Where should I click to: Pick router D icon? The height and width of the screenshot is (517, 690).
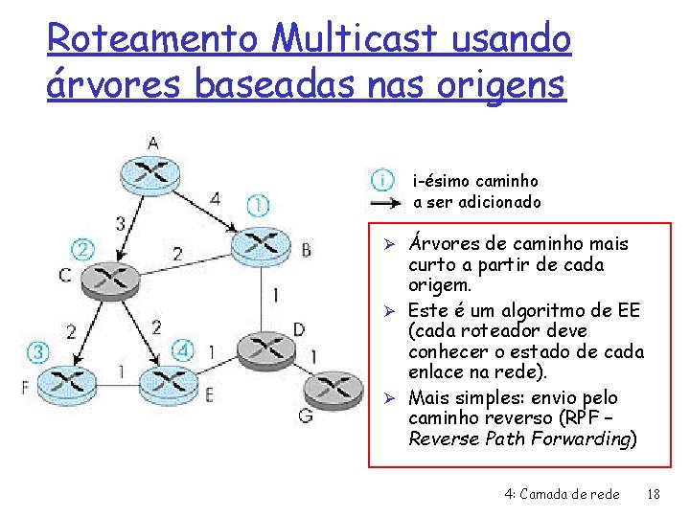click(258, 348)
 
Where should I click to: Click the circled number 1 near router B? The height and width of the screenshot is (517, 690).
click(258, 205)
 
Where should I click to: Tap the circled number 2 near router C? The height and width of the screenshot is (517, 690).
click(84, 249)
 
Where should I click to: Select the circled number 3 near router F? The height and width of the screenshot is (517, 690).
click(37, 351)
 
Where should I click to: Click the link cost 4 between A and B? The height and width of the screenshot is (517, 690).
click(215, 199)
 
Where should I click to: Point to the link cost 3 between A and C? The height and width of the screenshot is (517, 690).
click(120, 223)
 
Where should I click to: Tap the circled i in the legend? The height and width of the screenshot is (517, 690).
click(382, 180)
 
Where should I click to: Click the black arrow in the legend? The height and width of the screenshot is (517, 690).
click(386, 203)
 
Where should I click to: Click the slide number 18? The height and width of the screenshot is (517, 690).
click(655, 494)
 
